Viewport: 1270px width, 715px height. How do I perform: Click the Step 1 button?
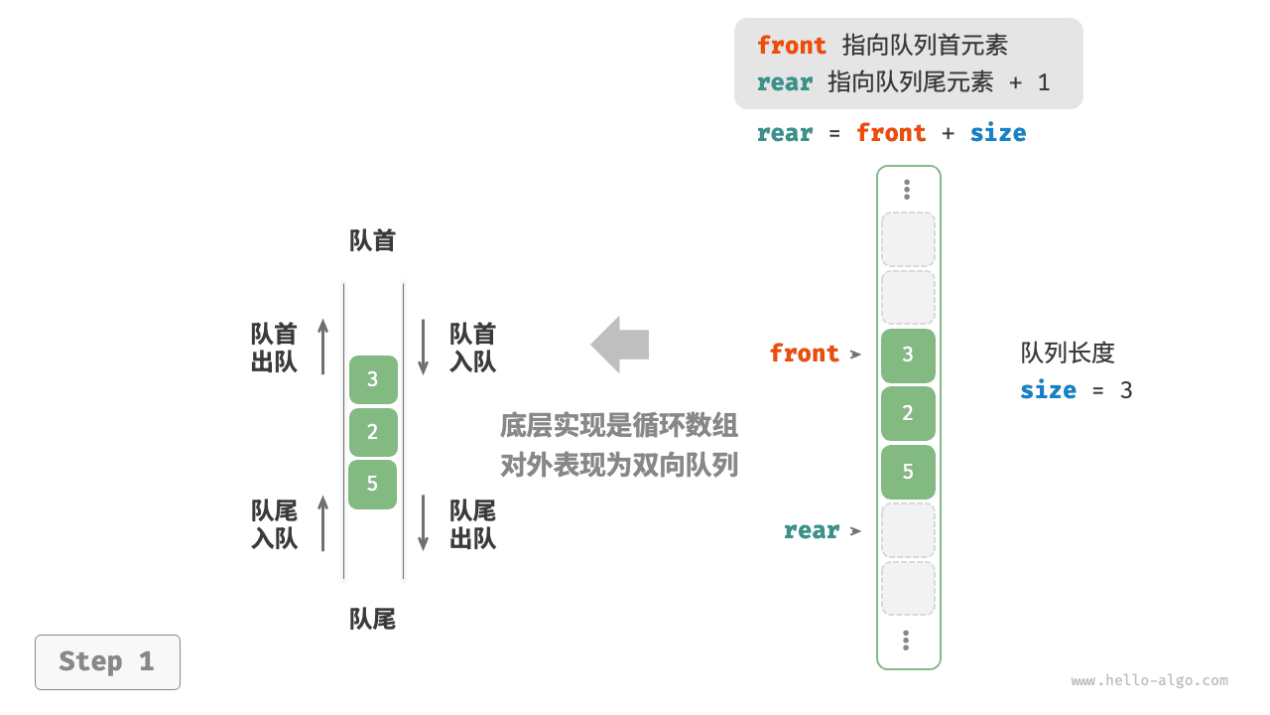coord(107,661)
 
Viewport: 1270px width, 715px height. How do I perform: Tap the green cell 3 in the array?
coord(908,356)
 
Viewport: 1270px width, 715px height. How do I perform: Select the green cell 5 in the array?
coord(908,472)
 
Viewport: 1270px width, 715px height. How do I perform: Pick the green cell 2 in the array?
coord(908,413)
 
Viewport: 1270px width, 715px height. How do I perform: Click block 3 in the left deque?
coord(372,379)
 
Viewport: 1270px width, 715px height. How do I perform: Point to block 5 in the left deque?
coord(372,484)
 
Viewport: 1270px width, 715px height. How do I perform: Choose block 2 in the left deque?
coord(372,432)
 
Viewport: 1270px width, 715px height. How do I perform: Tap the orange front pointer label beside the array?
coord(804,354)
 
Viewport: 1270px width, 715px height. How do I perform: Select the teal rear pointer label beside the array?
coord(812,530)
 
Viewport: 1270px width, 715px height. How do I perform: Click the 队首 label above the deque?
coord(372,241)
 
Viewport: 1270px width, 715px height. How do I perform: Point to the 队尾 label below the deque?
coord(372,620)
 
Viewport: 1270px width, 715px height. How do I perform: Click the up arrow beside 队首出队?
coord(322,347)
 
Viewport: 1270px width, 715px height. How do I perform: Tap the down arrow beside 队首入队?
coord(423,347)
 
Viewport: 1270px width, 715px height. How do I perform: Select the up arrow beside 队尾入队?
coord(322,523)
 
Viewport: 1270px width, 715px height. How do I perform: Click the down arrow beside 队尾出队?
coord(423,523)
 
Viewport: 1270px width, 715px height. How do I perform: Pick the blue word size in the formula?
coord(997,133)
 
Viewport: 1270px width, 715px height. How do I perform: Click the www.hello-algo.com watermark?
coord(1149,681)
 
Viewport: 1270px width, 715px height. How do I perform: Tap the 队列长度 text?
coord(1068,353)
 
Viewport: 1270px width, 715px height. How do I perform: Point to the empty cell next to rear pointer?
coord(908,530)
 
